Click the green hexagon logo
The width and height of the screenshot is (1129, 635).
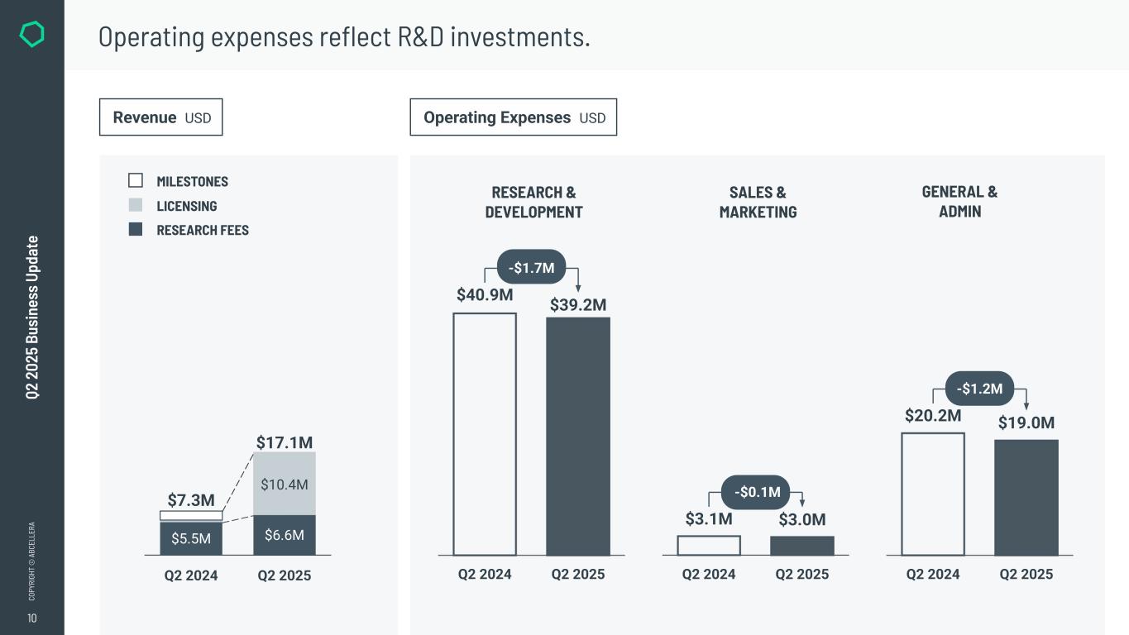tap(31, 34)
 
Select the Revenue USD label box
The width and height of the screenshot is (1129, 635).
tap(161, 117)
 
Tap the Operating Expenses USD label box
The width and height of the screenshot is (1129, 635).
tap(514, 117)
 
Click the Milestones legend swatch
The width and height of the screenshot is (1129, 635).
tap(136, 180)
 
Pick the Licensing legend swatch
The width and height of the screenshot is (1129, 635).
tap(136, 205)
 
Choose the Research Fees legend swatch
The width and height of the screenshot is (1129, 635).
tap(136, 229)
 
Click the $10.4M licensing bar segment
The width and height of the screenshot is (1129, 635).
tap(285, 484)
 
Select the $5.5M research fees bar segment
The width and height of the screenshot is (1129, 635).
tap(191, 538)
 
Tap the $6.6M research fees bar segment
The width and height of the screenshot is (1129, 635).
tap(285, 535)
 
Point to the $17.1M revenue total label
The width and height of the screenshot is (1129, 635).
tap(285, 442)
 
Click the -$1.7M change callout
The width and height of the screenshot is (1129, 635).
tap(531, 267)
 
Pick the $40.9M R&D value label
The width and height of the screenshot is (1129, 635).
tap(485, 294)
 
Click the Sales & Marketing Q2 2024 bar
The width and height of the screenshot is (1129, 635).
tap(709, 546)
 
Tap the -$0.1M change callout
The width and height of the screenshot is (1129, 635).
tap(756, 493)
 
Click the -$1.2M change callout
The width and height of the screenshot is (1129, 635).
tap(979, 389)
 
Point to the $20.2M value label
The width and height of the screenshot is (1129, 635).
tap(933, 415)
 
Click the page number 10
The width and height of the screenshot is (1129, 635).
tap(31, 618)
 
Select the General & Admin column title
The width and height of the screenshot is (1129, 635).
tap(959, 202)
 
